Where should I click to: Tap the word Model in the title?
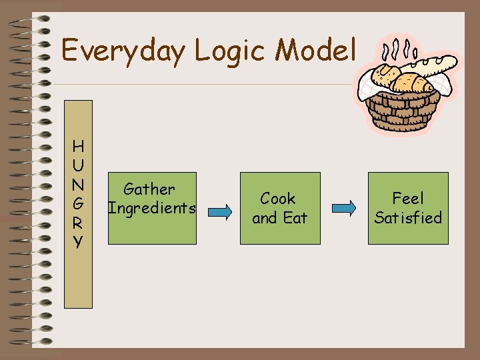319,51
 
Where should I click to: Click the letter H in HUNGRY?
79,145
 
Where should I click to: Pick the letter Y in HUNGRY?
79,241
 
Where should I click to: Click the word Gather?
149,189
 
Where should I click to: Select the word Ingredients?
152,208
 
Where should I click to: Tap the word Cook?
278,199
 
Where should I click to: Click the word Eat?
294,217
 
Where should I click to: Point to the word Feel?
408,199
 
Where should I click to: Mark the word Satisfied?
408,217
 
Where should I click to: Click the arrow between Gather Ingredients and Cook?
218,211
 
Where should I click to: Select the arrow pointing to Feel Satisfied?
344,208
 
